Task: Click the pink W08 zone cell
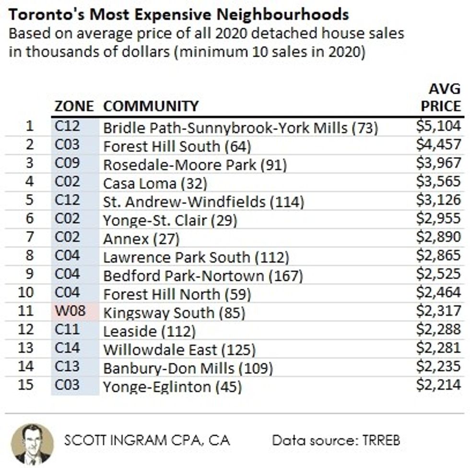coord(70,311)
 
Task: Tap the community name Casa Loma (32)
coord(155,183)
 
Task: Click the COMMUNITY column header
coord(151,106)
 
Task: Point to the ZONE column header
coord(74,106)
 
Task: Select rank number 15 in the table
coord(28,385)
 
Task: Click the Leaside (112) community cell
coord(149,331)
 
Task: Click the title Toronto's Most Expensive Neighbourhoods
coord(178,15)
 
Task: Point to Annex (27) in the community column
coord(141,238)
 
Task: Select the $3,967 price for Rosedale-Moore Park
coord(438,163)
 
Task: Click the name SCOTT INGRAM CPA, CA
coord(147,440)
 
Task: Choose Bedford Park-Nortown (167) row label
coord(203,276)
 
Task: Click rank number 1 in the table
coord(30,126)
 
